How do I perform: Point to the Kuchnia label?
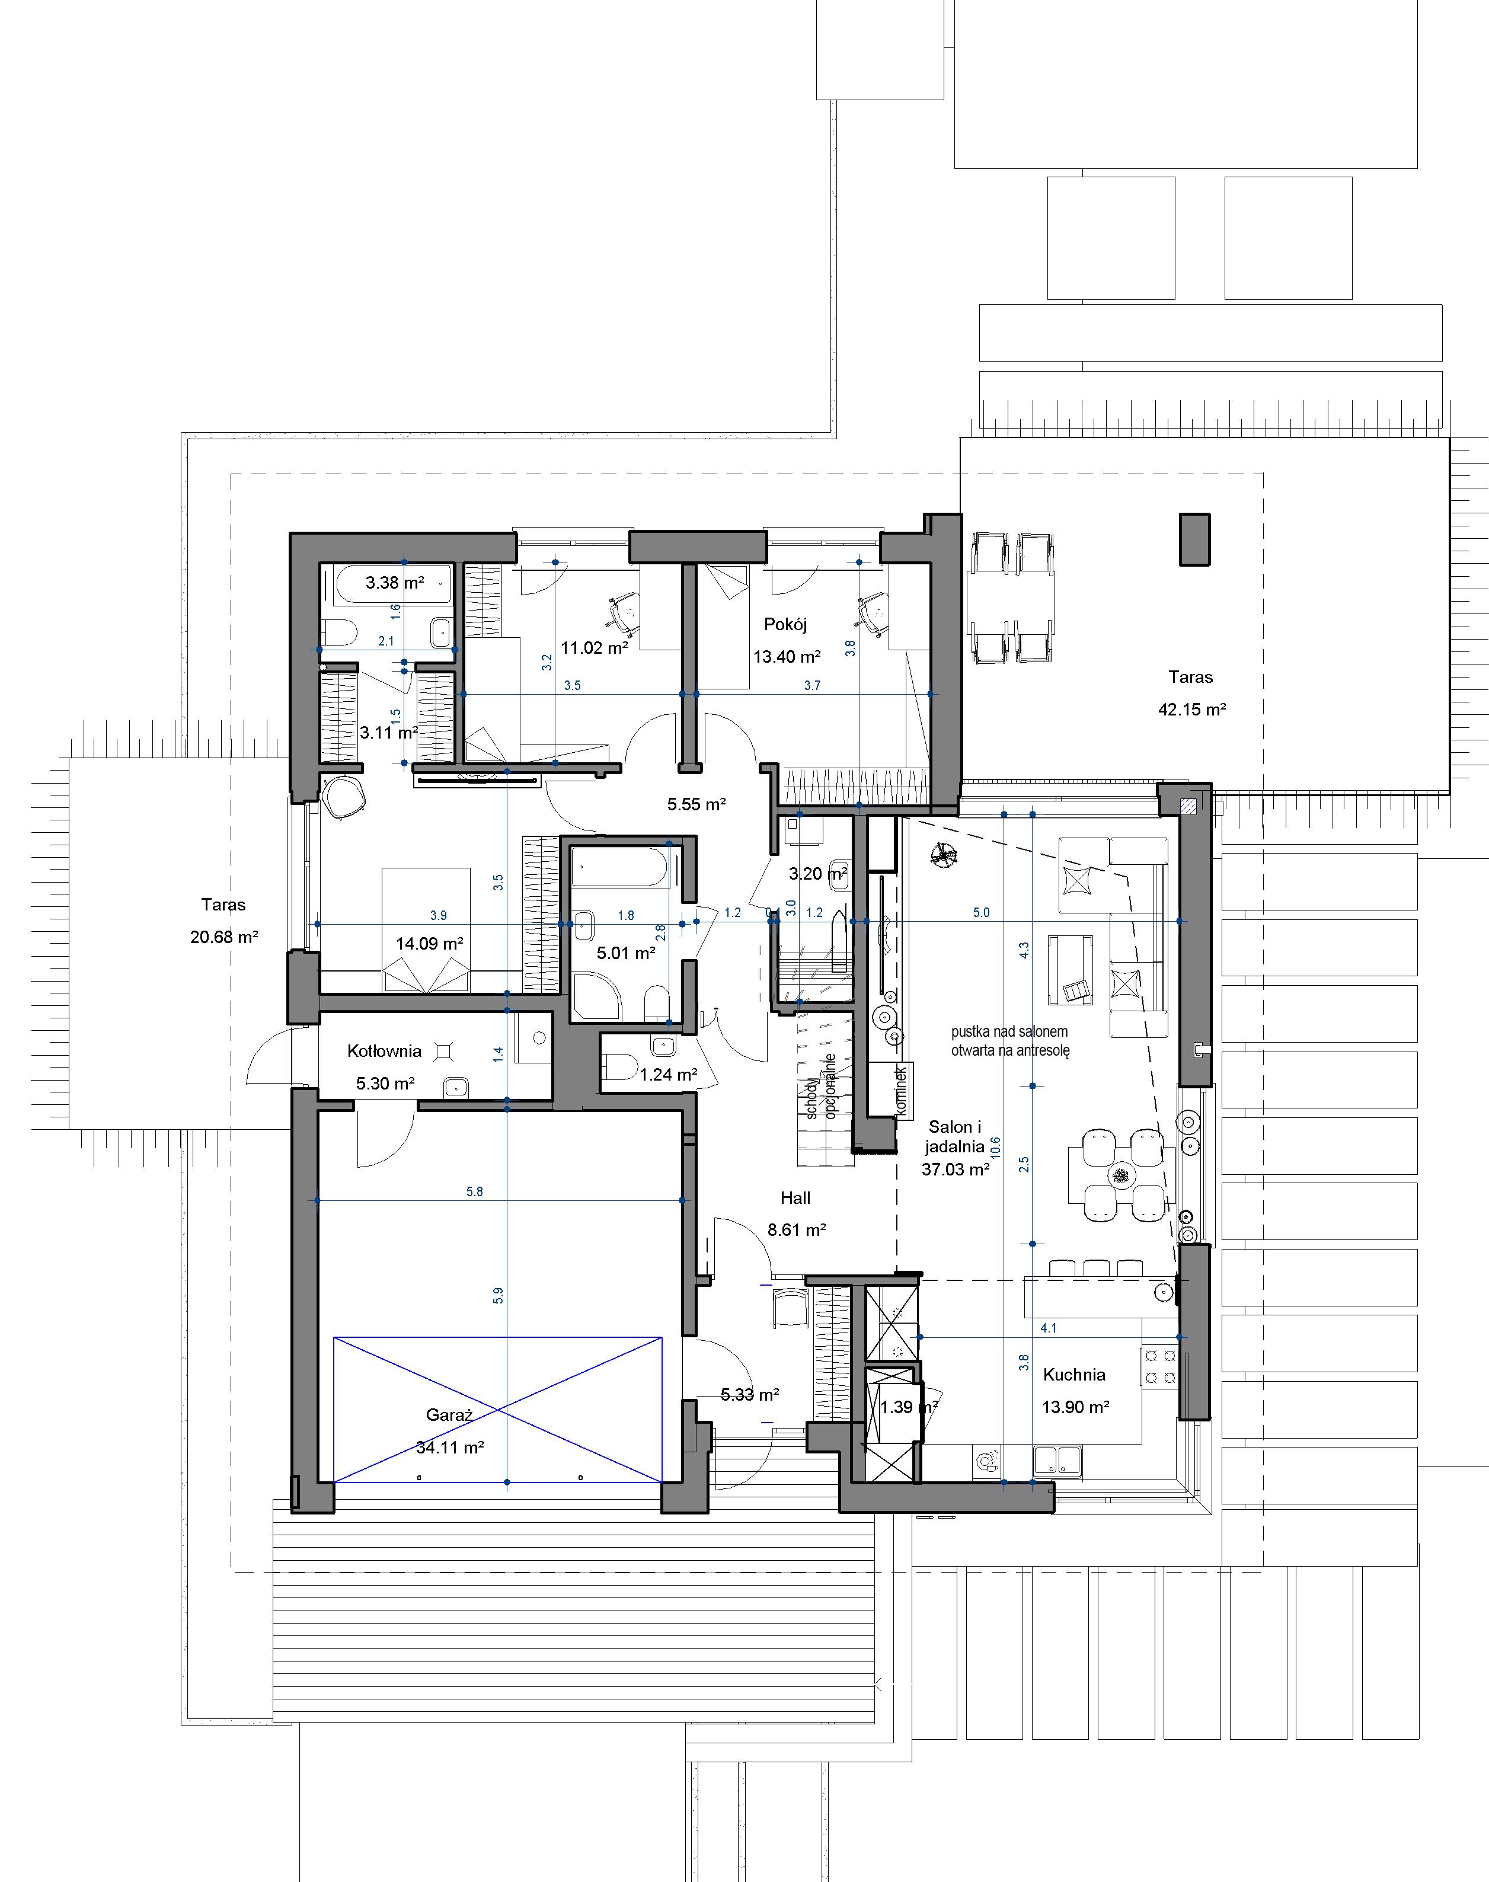[1074, 1375]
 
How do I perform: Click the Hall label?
[795, 1198]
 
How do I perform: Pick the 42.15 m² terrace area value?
[1191, 710]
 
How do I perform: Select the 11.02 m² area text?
[595, 648]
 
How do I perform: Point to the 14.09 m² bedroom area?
[429, 943]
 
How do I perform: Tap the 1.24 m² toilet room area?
[668, 1075]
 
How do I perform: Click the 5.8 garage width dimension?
[474, 1191]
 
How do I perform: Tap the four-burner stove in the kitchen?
[1159, 1366]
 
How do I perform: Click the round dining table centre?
[1119, 1176]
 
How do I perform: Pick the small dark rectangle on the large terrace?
[1195, 539]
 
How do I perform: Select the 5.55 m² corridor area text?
[696, 804]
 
